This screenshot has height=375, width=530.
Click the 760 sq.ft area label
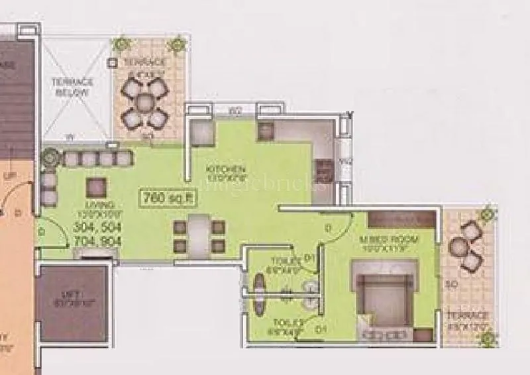click(x=162, y=197)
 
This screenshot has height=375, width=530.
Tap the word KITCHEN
click(x=221, y=170)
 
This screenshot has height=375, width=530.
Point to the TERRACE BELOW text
click(x=73, y=87)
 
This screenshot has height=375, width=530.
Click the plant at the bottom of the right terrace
click(x=488, y=339)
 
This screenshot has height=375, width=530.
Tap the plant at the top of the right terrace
click(x=488, y=215)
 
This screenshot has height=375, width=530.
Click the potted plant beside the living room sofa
click(x=49, y=158)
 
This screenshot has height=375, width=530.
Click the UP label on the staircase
click(x=10, y=176)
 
